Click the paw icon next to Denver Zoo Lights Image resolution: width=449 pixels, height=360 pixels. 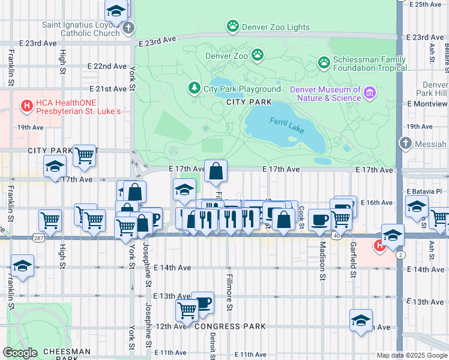point(232,26)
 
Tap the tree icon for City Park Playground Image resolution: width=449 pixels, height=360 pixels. point(194,88)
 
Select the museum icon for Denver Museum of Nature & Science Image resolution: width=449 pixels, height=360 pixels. point(370,92)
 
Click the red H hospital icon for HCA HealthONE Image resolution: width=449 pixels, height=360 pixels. point(26,106)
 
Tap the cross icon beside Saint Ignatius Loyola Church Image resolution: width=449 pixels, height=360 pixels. point(128,28)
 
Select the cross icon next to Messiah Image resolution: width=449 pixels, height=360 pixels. point(406,143)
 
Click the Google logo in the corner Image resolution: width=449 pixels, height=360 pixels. point(19,353)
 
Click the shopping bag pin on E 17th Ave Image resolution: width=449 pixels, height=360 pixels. point(215,172)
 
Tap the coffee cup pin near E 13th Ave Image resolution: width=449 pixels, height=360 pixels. point(203,302)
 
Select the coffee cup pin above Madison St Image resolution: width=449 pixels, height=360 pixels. point(319,220)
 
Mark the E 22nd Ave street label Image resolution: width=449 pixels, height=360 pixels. point(107,66)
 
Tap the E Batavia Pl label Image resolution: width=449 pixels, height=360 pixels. point(424,191)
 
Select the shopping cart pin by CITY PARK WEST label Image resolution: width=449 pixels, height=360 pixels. point(85,155)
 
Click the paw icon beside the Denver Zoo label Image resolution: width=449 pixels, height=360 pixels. point(258,55)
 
